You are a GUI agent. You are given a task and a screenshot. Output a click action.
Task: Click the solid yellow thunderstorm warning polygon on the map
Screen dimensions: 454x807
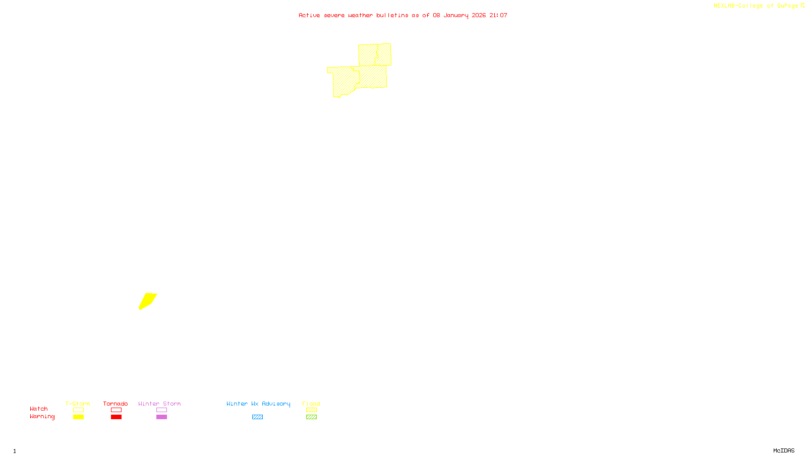pos(147,301)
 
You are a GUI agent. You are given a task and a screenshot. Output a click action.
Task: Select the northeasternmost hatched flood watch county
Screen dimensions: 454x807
pos(384,54)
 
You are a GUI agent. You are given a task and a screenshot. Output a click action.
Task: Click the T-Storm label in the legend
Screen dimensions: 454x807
pos(78,404)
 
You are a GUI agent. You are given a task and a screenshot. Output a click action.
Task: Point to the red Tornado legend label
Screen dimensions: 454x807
pos(116,404)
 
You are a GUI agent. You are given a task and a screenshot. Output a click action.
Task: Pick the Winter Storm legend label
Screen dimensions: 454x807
pos(159,404)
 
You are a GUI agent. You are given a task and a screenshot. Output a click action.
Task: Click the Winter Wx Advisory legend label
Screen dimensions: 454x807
pos(258,404)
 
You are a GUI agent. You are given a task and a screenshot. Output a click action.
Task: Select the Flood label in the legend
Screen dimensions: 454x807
pos(311,404)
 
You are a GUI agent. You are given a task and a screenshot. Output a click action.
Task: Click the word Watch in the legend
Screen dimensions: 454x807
pos(39,409)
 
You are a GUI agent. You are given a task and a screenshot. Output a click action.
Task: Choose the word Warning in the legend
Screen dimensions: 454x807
pos(42,417)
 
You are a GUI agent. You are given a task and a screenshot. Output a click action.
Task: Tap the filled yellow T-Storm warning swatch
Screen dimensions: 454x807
pos(78,417)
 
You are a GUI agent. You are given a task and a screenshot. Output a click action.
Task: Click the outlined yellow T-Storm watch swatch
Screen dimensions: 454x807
pos(78,410)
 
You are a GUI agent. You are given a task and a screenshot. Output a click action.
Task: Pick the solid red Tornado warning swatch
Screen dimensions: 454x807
pos(116,417)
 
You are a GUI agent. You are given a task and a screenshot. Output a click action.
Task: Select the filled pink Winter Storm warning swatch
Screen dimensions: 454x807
pos(161,417)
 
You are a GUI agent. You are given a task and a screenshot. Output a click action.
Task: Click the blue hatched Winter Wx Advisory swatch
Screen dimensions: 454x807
pos(257,417)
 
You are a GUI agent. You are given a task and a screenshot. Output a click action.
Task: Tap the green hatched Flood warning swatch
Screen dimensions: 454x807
pos(311,417)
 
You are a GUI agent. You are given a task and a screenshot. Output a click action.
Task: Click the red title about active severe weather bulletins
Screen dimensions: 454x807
pos(403,15)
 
